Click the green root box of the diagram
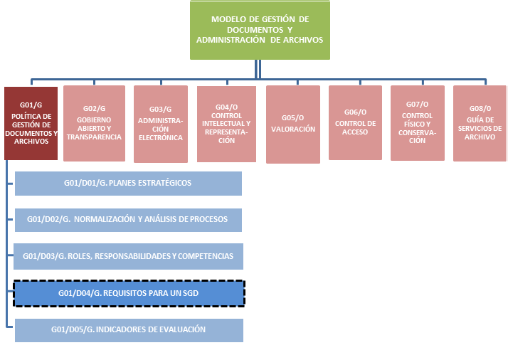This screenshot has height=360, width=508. pyautogui.click(x=260, y=30)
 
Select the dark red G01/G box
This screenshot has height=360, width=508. pyautogui.click(x=30, y=122)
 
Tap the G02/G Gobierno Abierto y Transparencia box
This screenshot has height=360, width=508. pyautogui.click(x=94, y=122)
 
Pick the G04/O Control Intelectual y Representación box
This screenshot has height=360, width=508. pyautogui.click(x=227, y=122)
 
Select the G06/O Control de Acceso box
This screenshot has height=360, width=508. pyautogui.click(x=355, y=122)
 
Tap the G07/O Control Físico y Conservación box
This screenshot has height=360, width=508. pyautogui.click(x=417, y=122)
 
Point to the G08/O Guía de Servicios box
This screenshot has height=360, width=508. pyautogui.click(x=480, y=122)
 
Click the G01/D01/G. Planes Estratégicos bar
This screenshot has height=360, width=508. pyautogui.click(x=128, y=183)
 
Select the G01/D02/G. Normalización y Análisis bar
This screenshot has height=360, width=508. pyautogui.click(x=128, y=220)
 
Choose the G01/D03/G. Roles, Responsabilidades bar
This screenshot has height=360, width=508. pyautogui.click(x=128, y=256)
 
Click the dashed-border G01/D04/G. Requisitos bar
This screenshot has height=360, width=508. pyautogui.click(x=128, y=292)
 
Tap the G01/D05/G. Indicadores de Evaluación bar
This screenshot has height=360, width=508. pyautogui.click(x=128, y=329)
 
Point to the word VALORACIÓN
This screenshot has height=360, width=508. pyautogui.click(x=293, y=129)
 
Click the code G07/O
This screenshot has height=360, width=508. pyautogui.click(x=417, y=104)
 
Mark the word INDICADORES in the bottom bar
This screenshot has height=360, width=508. pyautogui.click(x=128, y=329)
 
